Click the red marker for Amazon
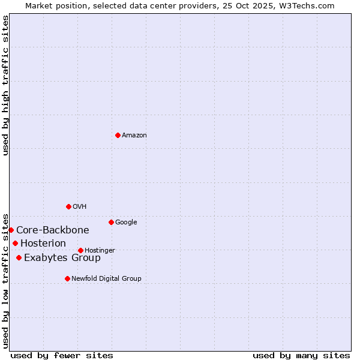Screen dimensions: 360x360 tap(118, 135)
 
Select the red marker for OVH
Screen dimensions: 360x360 tap(68, 206)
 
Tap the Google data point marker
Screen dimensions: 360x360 tap(111, 222)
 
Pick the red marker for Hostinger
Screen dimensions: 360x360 tap(80, 250)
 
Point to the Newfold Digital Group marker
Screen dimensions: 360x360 tap(67, 278)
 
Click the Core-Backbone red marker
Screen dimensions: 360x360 tap(11, 230)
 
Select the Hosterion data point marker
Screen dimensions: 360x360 tap(15, 243)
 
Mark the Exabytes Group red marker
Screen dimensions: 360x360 tap(19, 257)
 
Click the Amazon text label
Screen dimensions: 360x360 tap(134, 136)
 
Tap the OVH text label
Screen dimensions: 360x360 tap(80, 207)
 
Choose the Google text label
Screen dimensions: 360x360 tap(126, 223)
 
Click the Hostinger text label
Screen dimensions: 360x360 tap(100, 251)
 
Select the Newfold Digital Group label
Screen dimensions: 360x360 tap(106, 279)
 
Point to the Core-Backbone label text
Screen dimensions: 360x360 tap(53, 230)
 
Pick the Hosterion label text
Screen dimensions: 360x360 tap(43, 244)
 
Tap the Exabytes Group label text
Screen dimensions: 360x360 tap(62, 258)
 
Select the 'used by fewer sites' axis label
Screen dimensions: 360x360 tap(62, 355)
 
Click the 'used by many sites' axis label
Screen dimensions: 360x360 tap(301, 355)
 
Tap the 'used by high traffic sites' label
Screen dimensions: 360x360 tap(5, 85)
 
